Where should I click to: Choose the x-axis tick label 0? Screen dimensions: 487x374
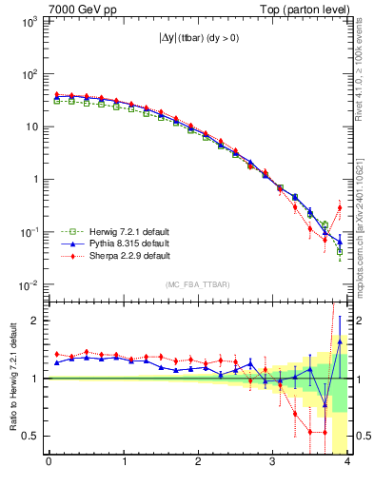tap(49, 463)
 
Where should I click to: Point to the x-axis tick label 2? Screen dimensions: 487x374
tap(198, 463)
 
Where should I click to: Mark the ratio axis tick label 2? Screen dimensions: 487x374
tap(34, 321)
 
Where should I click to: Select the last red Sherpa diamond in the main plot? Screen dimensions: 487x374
tap(340, 207)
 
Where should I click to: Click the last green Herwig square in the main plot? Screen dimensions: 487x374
tap(340, 252)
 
